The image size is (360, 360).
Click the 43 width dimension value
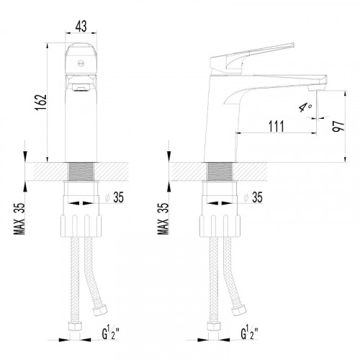point(81,26)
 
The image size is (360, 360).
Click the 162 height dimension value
point(41,102)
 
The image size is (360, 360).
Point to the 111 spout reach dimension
point(276,126)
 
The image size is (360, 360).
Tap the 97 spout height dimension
point(338,125)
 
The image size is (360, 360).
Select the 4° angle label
point(305,107)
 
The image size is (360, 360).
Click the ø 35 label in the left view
point(114,197)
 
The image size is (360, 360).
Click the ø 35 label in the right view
point(253,197)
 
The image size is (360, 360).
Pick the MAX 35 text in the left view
point(19,218)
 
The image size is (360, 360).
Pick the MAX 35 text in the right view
point(163,218)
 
